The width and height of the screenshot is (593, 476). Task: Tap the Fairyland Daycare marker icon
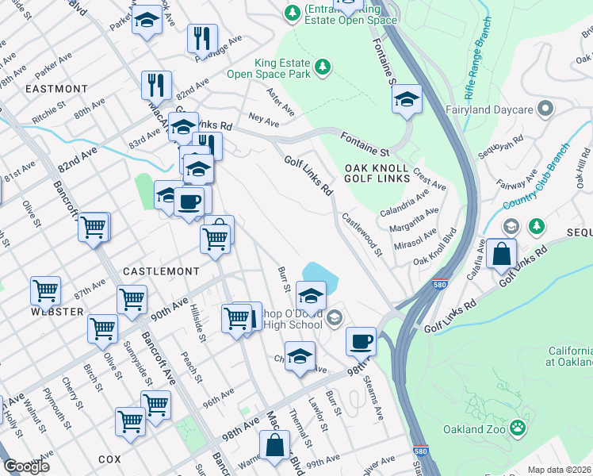tap(545, 108)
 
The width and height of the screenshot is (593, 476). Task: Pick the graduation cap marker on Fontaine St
tap(407, 99)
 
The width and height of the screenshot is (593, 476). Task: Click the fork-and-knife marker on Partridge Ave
tap(202, 37)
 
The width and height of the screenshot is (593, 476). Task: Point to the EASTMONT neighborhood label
tap(56, 89)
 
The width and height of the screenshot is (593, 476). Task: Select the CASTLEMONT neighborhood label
tap(160, 271)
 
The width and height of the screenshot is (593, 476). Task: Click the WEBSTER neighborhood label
tap(58, 312)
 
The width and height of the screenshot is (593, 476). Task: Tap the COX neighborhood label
tap(109, 459)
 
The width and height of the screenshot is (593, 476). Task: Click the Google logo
tap(27, 466)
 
